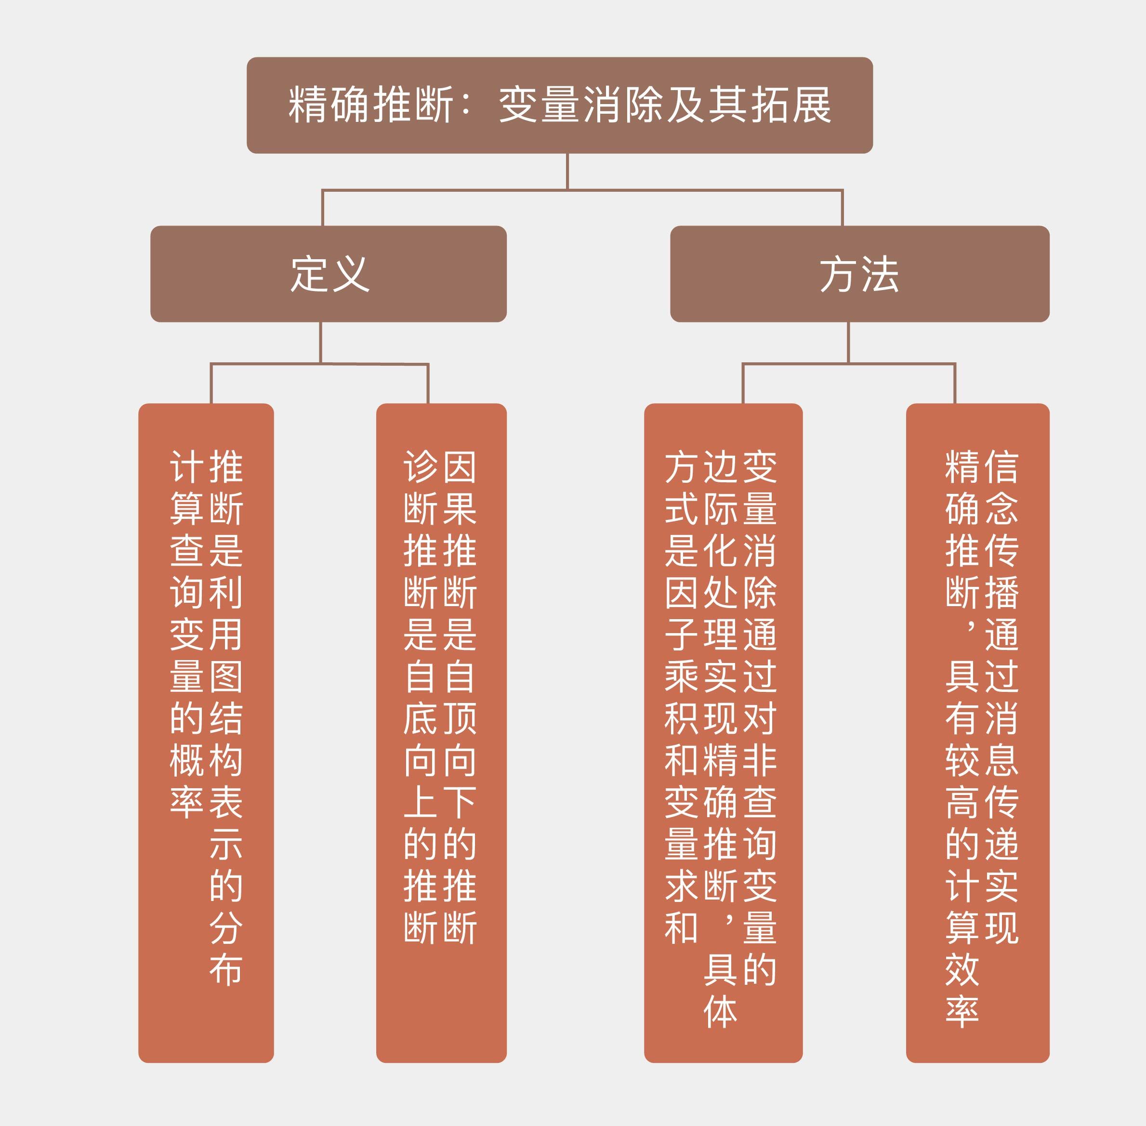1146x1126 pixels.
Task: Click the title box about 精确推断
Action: [x=559, y=105]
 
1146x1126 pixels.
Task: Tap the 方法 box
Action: [x=859, y=274]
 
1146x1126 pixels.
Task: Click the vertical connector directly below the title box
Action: [x=567, y=172]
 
